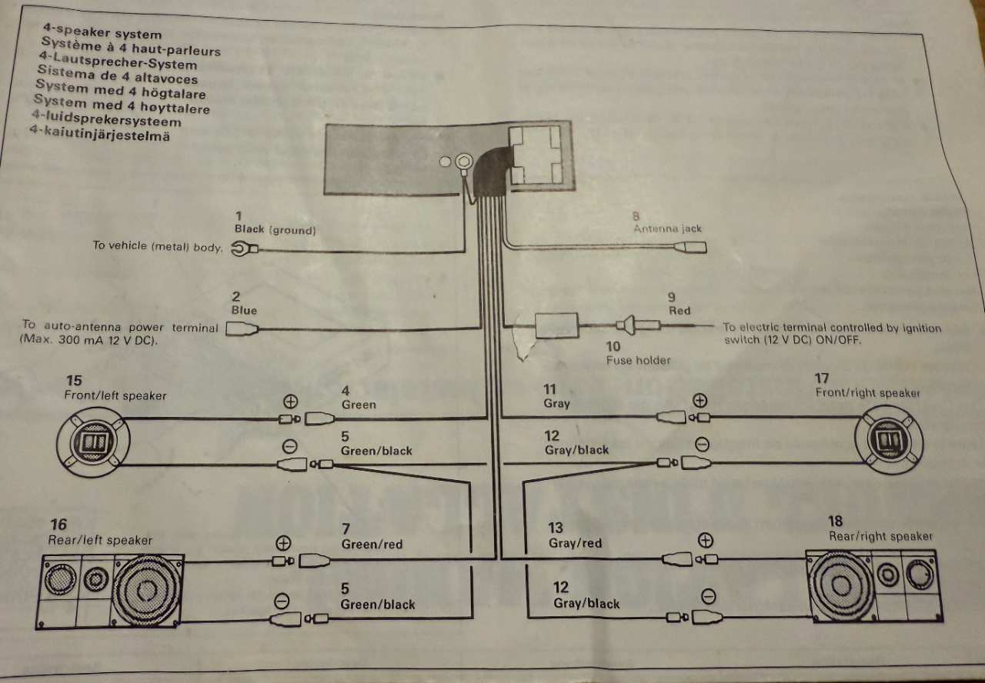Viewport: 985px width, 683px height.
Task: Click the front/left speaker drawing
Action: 93,441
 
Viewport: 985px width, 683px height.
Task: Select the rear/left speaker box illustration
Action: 110,591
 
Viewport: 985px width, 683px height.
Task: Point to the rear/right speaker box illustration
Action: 874,586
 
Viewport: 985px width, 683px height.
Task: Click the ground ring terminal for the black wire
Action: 245,248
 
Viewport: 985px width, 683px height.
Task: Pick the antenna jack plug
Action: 690,248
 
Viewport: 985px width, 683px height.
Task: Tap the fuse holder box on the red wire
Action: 556,325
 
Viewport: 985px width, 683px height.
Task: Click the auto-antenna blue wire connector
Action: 242,328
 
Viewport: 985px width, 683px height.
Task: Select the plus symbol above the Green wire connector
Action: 290,401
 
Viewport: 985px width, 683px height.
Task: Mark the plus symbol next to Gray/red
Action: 706,540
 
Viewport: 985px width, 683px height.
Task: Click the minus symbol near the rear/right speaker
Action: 709,596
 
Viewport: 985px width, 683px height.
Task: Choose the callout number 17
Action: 821,378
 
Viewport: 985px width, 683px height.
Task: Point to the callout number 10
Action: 613,346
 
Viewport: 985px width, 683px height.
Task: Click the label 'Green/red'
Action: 372,545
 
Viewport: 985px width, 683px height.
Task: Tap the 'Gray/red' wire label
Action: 575,543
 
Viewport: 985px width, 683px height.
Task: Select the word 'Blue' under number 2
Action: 244,310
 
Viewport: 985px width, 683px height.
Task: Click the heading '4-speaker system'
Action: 102,32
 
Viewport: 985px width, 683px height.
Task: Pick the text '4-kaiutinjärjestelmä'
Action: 100,133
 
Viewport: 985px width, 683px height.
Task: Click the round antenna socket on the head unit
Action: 463,162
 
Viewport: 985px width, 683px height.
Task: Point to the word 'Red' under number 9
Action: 679,311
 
